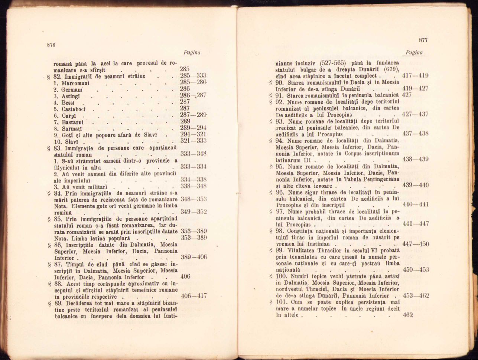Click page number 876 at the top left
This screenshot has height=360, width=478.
click(51, 45)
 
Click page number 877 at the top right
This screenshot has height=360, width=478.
click(423, 40)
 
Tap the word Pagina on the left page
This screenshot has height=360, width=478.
click(192, 53)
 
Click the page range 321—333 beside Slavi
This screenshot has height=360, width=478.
click(193, 141)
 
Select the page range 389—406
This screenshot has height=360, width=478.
click(194, 257)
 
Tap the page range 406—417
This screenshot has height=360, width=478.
click(194, 296)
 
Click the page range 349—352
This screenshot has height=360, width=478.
click(194, 212)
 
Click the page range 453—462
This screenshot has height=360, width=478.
click(416, 296)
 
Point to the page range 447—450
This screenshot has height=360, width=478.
click(416, 244)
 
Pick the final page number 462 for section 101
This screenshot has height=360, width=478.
click(408, 315)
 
